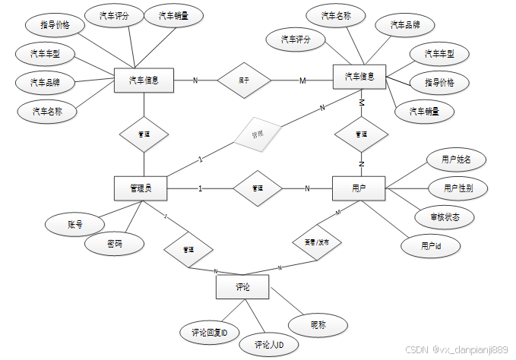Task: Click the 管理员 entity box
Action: tap(141, 188)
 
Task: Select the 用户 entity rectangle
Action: tap(359, 188)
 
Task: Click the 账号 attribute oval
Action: tap(74, 225)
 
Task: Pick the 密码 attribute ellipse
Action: tap(114, 245)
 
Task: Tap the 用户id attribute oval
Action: tap(431, 246)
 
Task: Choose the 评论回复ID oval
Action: tap(211, 332)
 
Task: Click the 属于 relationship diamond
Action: tap(244, 80)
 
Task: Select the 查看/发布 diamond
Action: tap(317, 242)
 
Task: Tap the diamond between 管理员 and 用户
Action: tap(256, 188)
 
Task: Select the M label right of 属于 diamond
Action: tap(302, 80)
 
